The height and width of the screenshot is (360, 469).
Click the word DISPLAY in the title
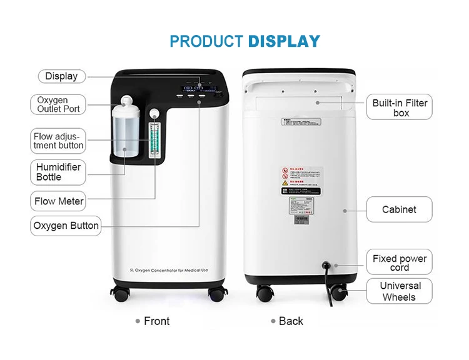[284, 42]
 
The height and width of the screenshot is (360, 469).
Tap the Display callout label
[61, 76]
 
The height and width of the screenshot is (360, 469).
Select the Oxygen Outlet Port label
[58, 104]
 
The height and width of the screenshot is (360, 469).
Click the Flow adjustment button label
[58, 141]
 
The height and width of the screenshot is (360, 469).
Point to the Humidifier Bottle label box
[58, 172]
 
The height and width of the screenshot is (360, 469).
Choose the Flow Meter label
[59, 201]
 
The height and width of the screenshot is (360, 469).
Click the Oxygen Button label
[66, 226]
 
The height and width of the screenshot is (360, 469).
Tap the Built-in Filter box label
[400, 108]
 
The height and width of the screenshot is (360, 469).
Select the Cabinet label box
[399, 209]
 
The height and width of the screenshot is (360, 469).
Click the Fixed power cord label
[400, 262]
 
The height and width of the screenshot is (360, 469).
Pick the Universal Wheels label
[400, 291]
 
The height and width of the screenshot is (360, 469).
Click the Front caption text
[156, 321]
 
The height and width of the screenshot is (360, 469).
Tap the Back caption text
[291, 321]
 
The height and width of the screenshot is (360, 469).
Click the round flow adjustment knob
[154, 114]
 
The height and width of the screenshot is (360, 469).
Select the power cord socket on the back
[325, 265]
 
